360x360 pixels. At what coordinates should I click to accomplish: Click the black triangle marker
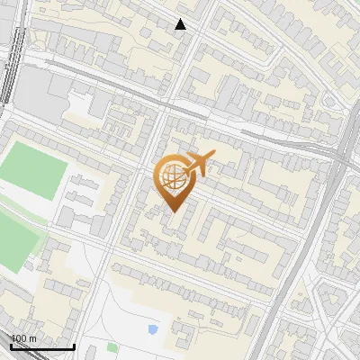pos(180,24)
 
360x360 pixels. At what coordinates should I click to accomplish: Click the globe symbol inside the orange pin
pos(171,178)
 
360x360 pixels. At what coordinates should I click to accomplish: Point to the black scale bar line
pos(41,346)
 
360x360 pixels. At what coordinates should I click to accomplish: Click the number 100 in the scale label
pos(19,338)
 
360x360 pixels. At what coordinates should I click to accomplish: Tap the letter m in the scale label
pos(32,338)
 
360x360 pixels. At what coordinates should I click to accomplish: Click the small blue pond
pos(153,329)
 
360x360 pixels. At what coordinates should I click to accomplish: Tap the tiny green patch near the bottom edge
pos(112,346)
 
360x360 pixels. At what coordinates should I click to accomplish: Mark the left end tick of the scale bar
pos(10,346)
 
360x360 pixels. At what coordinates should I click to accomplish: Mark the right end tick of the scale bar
pos(74,346)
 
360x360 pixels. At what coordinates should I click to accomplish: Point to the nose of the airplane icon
pos(213,155)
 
